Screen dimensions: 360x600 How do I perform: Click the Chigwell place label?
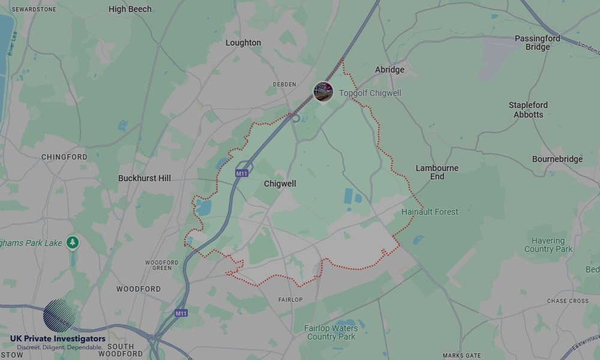[280, 184]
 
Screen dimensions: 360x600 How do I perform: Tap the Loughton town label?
[243, 43]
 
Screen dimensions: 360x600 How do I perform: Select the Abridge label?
[389, 70]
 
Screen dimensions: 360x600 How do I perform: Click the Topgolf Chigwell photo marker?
[323, 92]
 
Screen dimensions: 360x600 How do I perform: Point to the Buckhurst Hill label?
[144, 178]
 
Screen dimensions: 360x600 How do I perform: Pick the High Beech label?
[130, 9]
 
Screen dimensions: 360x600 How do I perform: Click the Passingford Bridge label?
[538, 43]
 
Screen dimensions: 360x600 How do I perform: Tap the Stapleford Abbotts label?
[528, 110]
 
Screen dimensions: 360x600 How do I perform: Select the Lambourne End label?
[437, 172]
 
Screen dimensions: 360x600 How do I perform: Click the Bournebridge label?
[557, 159]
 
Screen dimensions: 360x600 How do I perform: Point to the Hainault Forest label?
[430, 212]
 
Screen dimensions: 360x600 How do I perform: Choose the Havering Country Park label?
[548, 245]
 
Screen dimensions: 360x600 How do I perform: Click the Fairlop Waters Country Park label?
[331, 332]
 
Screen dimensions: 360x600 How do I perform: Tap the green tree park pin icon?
[73, 242]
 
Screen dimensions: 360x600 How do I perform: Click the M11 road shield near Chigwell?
[242, 173]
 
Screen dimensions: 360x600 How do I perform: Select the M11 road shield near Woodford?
[181, 313]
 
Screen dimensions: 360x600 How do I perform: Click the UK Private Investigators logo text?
[58, 339]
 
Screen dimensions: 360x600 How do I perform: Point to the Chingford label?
[64, 157]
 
